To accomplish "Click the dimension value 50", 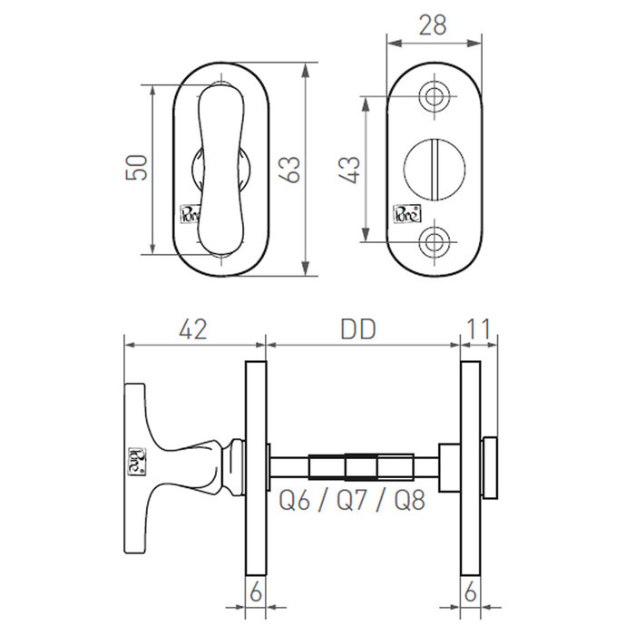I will (137, 168).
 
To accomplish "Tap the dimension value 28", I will (434, 24).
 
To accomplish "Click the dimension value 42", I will (192, 328).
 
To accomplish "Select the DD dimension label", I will (358, 328).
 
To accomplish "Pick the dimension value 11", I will (480, 328).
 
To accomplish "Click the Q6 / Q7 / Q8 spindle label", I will (351, 500).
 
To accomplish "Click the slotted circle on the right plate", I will (434, 168).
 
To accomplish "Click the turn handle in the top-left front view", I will (220, 168).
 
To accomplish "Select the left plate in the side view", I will (255, 467).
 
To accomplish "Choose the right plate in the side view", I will (470, 467).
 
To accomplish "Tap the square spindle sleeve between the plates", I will (361, 466).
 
